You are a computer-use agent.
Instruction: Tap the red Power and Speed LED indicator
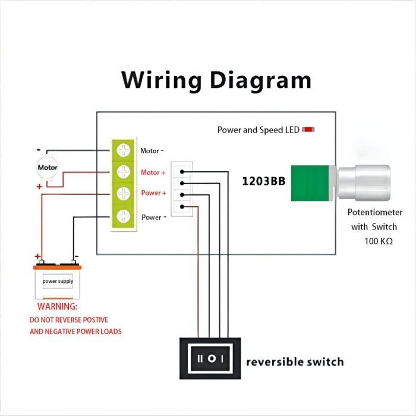pyautogui.click(x=308, y=130)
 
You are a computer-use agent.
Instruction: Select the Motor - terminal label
pyautogui.click(x=152, y=151)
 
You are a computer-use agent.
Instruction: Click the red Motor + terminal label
pyautogui.click(x=153, y=172)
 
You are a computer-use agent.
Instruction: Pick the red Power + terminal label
pyautogui.click(x=153, y=193)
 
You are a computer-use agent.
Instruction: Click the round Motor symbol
pyautogui.click(x=48, y=168)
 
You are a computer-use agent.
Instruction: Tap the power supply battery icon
pyautogui.click(x=58, y=281)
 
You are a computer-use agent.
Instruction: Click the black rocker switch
pyautogui.click(x=210, y=358)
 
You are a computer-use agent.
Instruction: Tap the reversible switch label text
pyautogui.click(x=295, y=361)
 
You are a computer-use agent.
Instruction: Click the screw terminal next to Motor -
pyautogui.click(x=124, y=151)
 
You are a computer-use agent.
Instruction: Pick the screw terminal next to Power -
pyautogui.click(x=124, y=216)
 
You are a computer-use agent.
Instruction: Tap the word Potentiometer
pyautogui.click(x=375, y=212)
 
